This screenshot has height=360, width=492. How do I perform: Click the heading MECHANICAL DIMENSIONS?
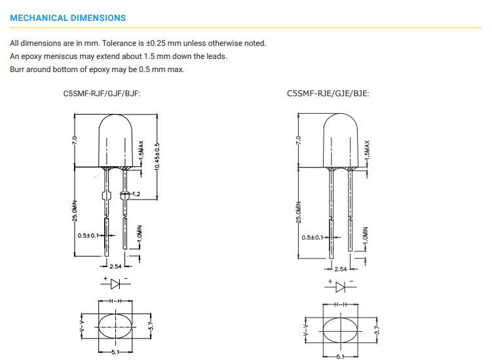67,18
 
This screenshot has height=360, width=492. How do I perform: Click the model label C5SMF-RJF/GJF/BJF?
101,94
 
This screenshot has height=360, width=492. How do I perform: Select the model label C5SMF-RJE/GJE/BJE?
328,94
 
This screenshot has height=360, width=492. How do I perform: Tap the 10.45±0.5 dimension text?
157,157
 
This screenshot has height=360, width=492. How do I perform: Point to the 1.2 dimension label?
136,194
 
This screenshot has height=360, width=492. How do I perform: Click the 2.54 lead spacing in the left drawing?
115,266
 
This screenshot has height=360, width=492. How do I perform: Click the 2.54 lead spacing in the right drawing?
341,269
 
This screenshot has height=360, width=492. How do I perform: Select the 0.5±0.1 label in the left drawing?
88,235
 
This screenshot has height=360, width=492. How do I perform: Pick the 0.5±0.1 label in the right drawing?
312,238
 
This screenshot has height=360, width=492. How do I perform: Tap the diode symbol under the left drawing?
115,284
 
